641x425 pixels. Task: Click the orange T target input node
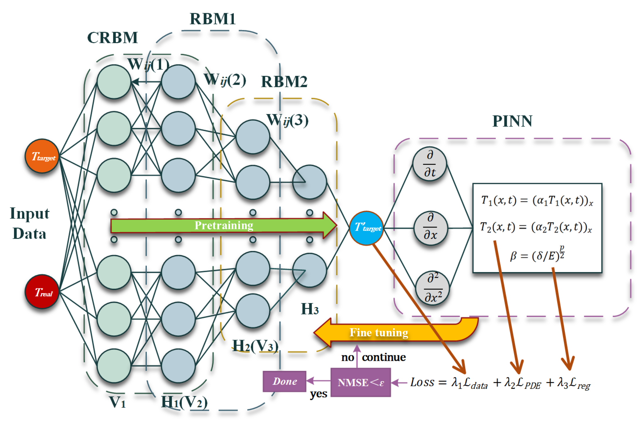pos(42,156)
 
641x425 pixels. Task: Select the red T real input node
pos(42,292)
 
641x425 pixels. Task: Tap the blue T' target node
pos(366,228)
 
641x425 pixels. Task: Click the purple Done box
pos(284,381)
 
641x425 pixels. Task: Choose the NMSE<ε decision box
pos(361,382)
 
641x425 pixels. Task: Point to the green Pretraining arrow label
pos(224,225)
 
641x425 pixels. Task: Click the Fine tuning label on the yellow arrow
pos(379,333)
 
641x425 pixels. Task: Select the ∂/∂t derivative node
pos(429,164)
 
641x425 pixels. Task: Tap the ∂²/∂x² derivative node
pos(433,288)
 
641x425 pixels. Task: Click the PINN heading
pos(512,121)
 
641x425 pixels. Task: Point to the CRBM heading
pos(112,38)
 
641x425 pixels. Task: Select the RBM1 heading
pos(212,19)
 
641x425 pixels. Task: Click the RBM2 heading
pos(284,82)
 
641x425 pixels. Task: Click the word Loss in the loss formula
pos(422,382)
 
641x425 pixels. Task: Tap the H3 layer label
pos(310,309)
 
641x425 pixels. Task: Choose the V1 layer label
pos(117,402)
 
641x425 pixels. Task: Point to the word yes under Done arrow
pos(318,394)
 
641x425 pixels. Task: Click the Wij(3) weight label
pos(287,120)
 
